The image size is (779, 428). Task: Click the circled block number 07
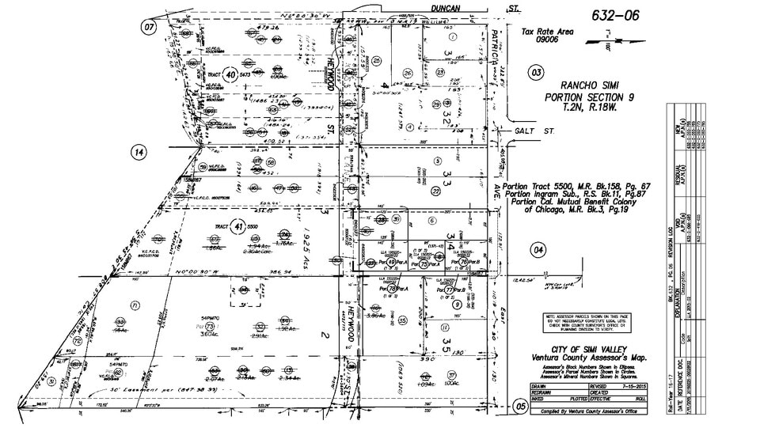[149, 27]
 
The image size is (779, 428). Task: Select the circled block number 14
[139, 152]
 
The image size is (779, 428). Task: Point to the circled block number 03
[537, 73]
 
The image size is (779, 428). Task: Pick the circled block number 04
[539, 251]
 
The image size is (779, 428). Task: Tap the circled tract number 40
[230, 74]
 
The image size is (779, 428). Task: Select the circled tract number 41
[238, 227]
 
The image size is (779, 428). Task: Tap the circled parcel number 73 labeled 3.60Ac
[211, 326]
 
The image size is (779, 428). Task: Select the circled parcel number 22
[435, 191]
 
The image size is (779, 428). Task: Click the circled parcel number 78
[392, 290]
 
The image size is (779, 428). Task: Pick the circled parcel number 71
[135, 305]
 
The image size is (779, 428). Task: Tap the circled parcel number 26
[408, 73]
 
